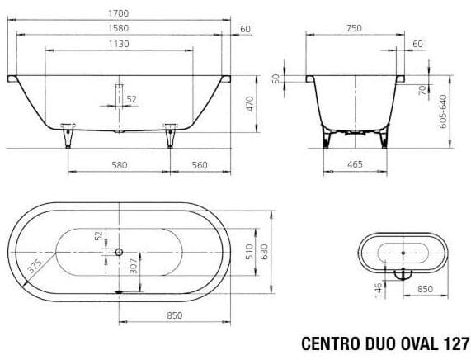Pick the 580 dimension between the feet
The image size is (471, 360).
click(120, 165)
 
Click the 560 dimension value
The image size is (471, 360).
click(198, 165)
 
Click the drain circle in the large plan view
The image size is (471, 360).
click(120, 251)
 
